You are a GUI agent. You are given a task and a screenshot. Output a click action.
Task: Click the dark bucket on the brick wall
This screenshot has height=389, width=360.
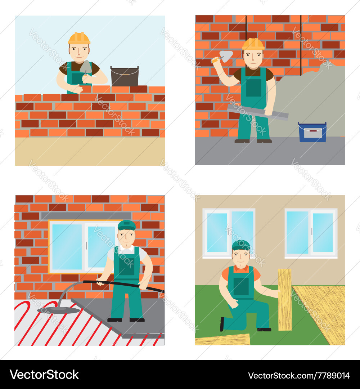tap(124, 77)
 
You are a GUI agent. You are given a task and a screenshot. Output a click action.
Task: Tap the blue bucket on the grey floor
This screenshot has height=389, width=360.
tap(312, 133)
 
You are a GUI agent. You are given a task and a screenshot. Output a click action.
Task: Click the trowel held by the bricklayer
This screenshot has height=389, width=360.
tap(86, 67)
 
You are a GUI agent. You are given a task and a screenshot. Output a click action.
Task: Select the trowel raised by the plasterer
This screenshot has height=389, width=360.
tap(226, 55)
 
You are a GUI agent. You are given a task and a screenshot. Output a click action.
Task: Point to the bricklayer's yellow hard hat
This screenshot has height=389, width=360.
tap(79, 38)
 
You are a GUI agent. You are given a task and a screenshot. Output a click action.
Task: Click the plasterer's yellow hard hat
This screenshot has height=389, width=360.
tap(253, 44)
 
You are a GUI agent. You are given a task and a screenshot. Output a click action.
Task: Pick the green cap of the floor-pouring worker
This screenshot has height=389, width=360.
tap(127, 225)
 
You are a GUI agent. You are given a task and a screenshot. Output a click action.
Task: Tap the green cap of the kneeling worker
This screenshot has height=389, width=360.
tap(241, 245)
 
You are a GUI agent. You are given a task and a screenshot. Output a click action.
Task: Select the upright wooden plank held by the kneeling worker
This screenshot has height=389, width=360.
tap(285, 299)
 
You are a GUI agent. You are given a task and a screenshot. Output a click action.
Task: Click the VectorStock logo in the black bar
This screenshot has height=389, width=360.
tap(44, 375)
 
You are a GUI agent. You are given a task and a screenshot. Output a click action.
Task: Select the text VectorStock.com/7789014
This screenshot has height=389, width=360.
tap(299, 375)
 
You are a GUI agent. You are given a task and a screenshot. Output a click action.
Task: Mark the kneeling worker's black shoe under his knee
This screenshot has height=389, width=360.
tap(222, 324)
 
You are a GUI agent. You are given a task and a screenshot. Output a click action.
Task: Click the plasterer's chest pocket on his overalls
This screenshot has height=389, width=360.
tap(253, 88)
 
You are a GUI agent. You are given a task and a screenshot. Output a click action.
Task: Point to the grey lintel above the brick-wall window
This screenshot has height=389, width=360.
tap(81, 216)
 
